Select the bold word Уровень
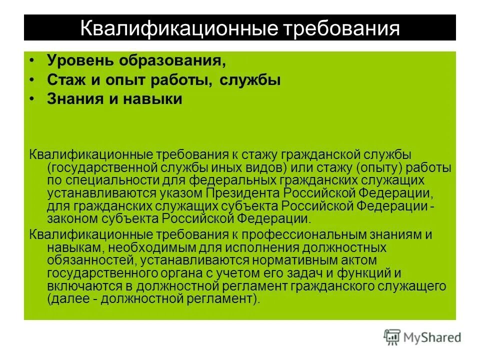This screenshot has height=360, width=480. [79, 60]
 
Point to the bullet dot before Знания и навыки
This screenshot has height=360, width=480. [32, 97]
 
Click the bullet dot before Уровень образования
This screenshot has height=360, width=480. [32, 59]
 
